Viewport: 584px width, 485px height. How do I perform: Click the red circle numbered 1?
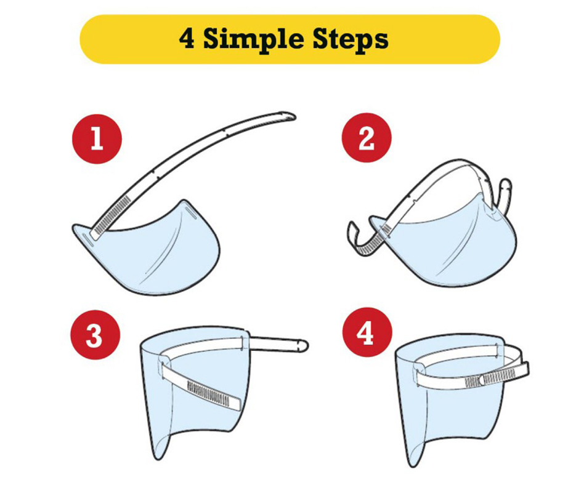tap(97, 138)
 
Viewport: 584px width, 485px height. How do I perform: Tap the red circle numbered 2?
tap(367, 137)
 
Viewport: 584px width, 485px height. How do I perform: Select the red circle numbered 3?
tap(95, 335)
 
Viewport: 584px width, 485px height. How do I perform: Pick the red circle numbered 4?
tap(367, 332)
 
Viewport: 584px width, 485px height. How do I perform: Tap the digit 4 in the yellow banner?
tap(187, 38)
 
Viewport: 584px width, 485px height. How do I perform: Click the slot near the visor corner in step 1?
tap(87, 239)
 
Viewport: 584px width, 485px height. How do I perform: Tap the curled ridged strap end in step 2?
tap(363, 238)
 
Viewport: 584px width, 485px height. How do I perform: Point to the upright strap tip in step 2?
tap(505, 185)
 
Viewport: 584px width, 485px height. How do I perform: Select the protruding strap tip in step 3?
tap(301, 345)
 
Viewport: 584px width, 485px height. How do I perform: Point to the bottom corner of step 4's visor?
tap(410, 465)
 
